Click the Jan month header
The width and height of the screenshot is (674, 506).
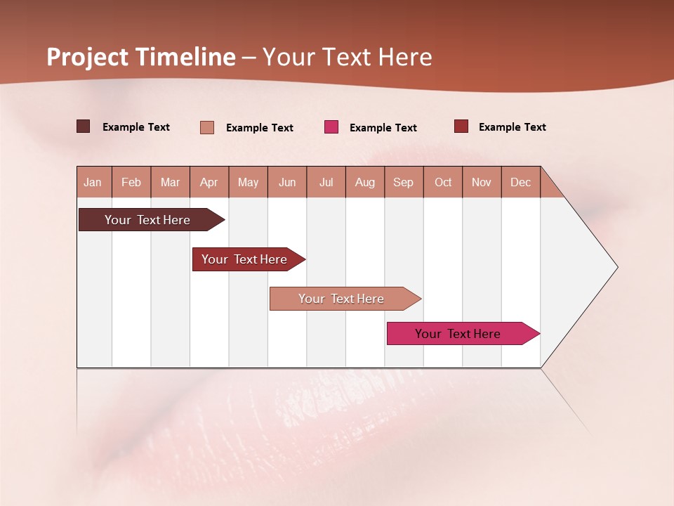pos(93,182)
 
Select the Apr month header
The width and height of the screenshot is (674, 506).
pos(209,182)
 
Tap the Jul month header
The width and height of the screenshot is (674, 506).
pos(326,182)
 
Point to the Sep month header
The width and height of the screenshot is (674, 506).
pos(404,182)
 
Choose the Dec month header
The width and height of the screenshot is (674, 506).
pos(520,182)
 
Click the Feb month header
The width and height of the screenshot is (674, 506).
pos(131,182)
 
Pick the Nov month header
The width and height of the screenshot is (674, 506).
pos(482,182)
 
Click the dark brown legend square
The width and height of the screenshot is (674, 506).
pos(84,126)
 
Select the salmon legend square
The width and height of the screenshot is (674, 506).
pos(207,127)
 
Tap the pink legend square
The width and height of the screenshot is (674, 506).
pos(331,127)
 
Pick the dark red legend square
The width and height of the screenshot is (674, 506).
pos(461,126)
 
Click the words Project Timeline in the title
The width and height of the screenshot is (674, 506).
pos(141,57)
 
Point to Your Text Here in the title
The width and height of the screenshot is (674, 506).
pos(348,57)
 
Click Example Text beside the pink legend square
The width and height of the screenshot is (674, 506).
pos(383,128)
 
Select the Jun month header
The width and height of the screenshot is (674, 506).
pos(287,182)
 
